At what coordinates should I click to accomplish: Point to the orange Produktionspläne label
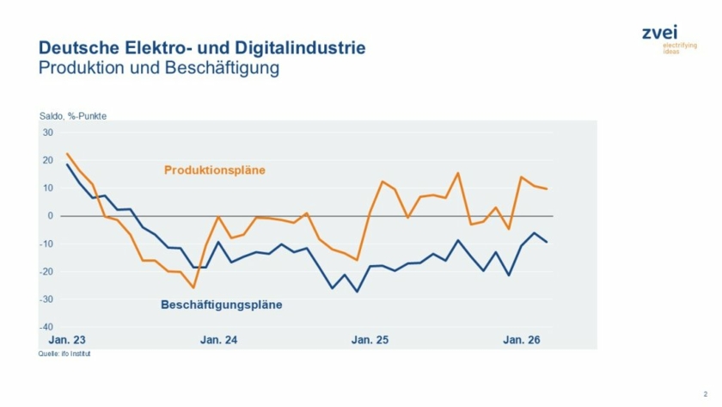click(214, 170)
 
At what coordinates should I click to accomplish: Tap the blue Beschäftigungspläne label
click(222, 305)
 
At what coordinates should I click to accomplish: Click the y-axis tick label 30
click(48, 133)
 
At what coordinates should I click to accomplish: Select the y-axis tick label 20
click(48, 160)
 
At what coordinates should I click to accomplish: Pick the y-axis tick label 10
click(48, 188)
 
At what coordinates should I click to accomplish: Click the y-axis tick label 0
click(51, 216)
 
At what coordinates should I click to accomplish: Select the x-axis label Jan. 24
click(218, 341)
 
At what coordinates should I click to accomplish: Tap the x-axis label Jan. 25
click(370, 341)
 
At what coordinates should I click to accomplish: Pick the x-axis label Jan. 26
click(521, 341)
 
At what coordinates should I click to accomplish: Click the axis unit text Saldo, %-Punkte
click(72, 117)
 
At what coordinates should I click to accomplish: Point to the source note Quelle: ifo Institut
click(64, 354)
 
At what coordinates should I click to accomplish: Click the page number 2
click(704, 392)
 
